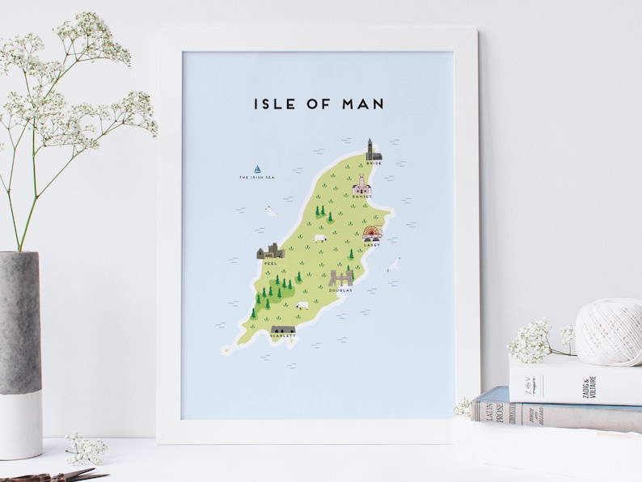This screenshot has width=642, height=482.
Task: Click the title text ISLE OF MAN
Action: coord(319,104)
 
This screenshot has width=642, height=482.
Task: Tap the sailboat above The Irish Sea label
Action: coord(257,169)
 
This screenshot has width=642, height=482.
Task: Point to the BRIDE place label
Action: coord(373,164)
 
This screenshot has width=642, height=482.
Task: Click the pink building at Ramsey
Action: coord(361,185)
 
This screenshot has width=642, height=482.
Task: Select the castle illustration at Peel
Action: coord(269,251)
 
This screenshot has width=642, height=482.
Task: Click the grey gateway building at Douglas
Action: coord(341,277)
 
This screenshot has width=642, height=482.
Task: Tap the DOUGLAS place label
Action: coord(340,290)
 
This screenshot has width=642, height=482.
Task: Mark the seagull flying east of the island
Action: coord(394,264)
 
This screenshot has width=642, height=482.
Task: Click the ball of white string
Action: coord(607,331)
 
